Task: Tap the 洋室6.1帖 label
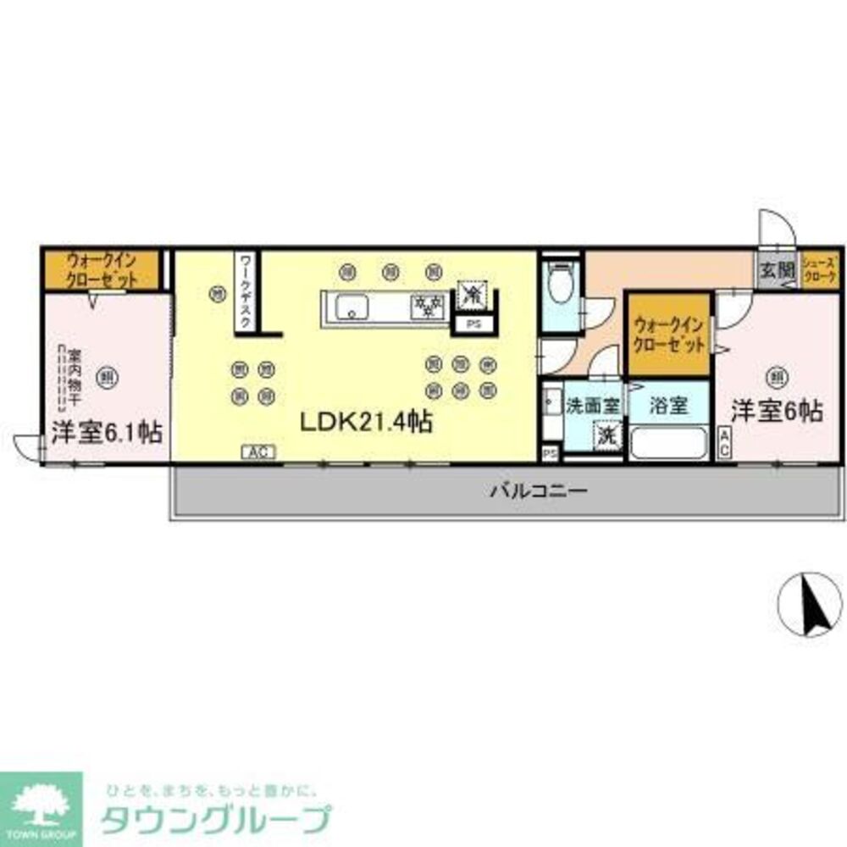tap(106, 432)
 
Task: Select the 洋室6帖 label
tap(777, 411)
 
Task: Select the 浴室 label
tap(668, 406)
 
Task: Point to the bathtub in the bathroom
tap(669, 442)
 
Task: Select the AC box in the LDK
tap(258, 452)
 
